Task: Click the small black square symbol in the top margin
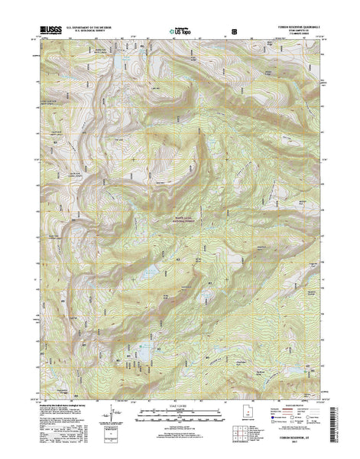(x=234, y=32)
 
